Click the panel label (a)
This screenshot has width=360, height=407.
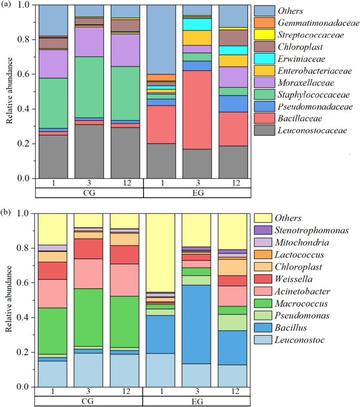click(x=7, y=6)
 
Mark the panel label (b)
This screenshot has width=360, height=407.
click(x=7, y=213)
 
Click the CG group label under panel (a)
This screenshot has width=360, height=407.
click(x=89, y=193)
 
